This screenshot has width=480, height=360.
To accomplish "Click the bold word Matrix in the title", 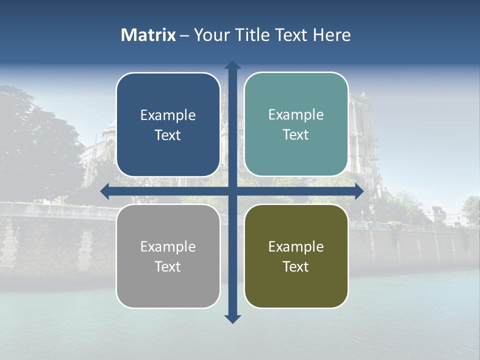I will (148, 35).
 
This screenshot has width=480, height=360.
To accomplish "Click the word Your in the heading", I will (212, 35).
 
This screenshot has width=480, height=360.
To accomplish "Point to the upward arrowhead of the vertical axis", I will (232, 65).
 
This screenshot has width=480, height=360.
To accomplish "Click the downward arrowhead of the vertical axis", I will (232, 319).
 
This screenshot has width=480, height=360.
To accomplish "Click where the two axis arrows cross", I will (232, 191).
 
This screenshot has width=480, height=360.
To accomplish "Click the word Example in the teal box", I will (296, 115).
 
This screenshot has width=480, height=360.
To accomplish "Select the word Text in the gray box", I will (168, 266).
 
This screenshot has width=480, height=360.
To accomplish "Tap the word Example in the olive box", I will (296, 246).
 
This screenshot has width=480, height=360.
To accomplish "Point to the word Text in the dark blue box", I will (168, 135).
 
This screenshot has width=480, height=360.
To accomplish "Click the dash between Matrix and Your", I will (184, 35).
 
